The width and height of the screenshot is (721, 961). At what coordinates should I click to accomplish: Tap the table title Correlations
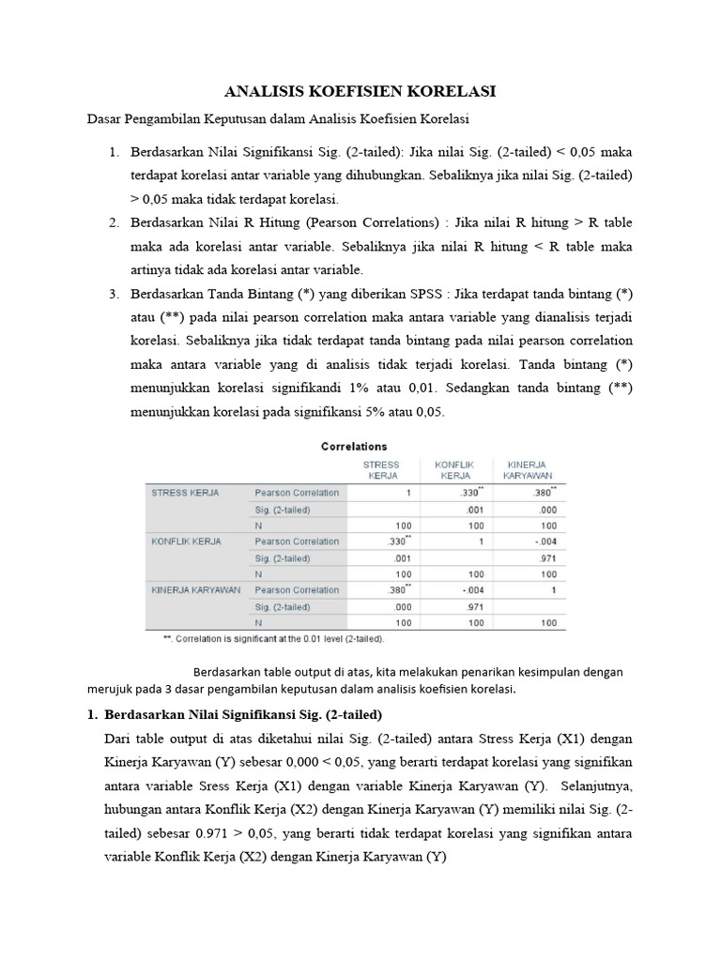coord(354,447)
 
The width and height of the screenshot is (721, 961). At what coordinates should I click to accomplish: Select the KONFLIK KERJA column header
coord(454,469)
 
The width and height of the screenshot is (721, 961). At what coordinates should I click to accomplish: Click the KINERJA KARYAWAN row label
coord(195,590)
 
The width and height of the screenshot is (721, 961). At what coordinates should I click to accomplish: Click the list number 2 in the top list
coord(113,222)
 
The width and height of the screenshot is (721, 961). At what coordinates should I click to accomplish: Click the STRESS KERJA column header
coord(380,469)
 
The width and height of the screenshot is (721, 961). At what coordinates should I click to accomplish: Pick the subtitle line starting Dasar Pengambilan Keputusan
coord(278,119)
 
